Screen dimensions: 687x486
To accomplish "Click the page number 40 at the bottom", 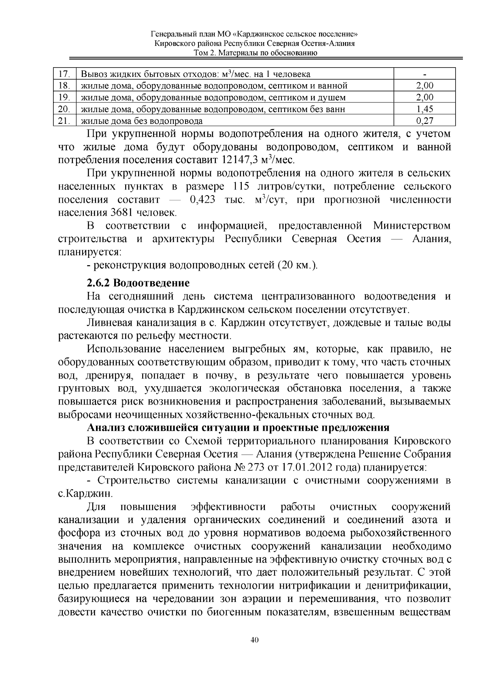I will coord(254,640).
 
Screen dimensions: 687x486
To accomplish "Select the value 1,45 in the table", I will coord(424,109).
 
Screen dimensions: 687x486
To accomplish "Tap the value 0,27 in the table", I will coord(424,121).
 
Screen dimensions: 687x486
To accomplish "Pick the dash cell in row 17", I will coord(424,74).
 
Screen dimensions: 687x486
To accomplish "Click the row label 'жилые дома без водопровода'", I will coord(142,121).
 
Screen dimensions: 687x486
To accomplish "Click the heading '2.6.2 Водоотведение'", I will coord(138,282).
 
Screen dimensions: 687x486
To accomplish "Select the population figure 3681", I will coord(120,213).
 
